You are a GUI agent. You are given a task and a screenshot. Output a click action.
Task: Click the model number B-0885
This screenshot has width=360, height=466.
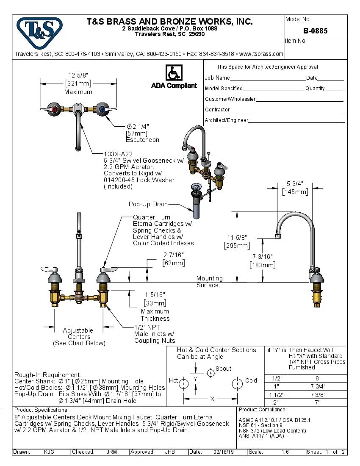[315, 31]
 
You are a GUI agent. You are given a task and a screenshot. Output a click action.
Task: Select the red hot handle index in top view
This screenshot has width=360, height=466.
[54, 110]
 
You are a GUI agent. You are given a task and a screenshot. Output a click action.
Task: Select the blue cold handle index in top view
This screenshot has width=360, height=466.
[102, 110]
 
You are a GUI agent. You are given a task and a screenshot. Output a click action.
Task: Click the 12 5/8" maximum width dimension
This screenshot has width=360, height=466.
[78, 76]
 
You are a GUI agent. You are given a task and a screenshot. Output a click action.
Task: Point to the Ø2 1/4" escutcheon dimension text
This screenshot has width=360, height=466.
[138, 127]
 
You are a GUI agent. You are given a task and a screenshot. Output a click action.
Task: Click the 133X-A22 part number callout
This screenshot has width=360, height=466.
[119, 154]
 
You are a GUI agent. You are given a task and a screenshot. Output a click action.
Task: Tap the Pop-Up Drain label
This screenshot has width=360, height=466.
[148, 204]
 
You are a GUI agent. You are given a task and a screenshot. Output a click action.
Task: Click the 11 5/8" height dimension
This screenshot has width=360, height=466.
[237, 238]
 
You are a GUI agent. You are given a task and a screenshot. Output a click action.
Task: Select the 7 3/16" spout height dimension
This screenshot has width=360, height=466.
[263, 257]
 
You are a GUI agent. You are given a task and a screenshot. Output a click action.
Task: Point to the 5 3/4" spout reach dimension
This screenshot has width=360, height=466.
[295, 184]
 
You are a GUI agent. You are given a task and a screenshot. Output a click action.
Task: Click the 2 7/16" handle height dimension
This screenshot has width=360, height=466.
[174, 255]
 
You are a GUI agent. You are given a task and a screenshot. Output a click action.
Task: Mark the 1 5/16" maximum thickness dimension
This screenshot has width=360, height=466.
[155, 294]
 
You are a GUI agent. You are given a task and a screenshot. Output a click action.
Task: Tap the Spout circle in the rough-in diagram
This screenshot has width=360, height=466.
[210, 373]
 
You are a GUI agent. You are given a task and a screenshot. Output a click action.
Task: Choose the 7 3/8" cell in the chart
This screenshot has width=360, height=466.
[318, 394]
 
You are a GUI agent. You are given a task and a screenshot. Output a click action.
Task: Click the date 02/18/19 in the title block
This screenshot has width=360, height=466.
[224, 452]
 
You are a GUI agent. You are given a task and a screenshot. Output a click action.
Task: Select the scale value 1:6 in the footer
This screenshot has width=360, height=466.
[285, 452]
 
